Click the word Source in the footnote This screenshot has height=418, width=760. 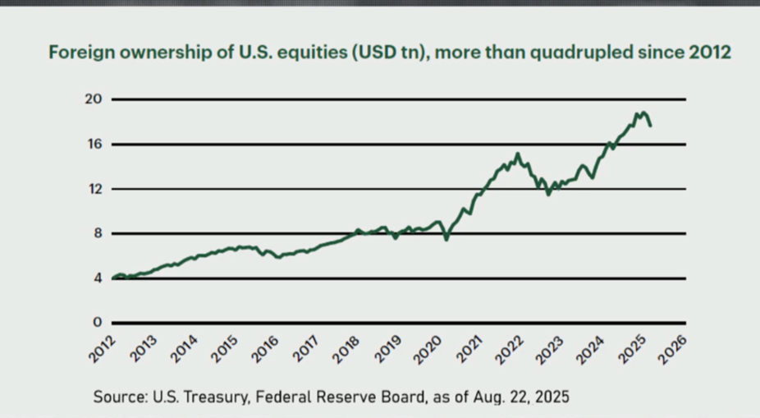(x=118, y=397)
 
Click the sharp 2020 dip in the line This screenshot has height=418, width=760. (x=446, y=239)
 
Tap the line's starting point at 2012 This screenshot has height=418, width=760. (x=112, y=278)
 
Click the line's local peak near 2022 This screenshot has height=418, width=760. (x=518, y=154)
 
